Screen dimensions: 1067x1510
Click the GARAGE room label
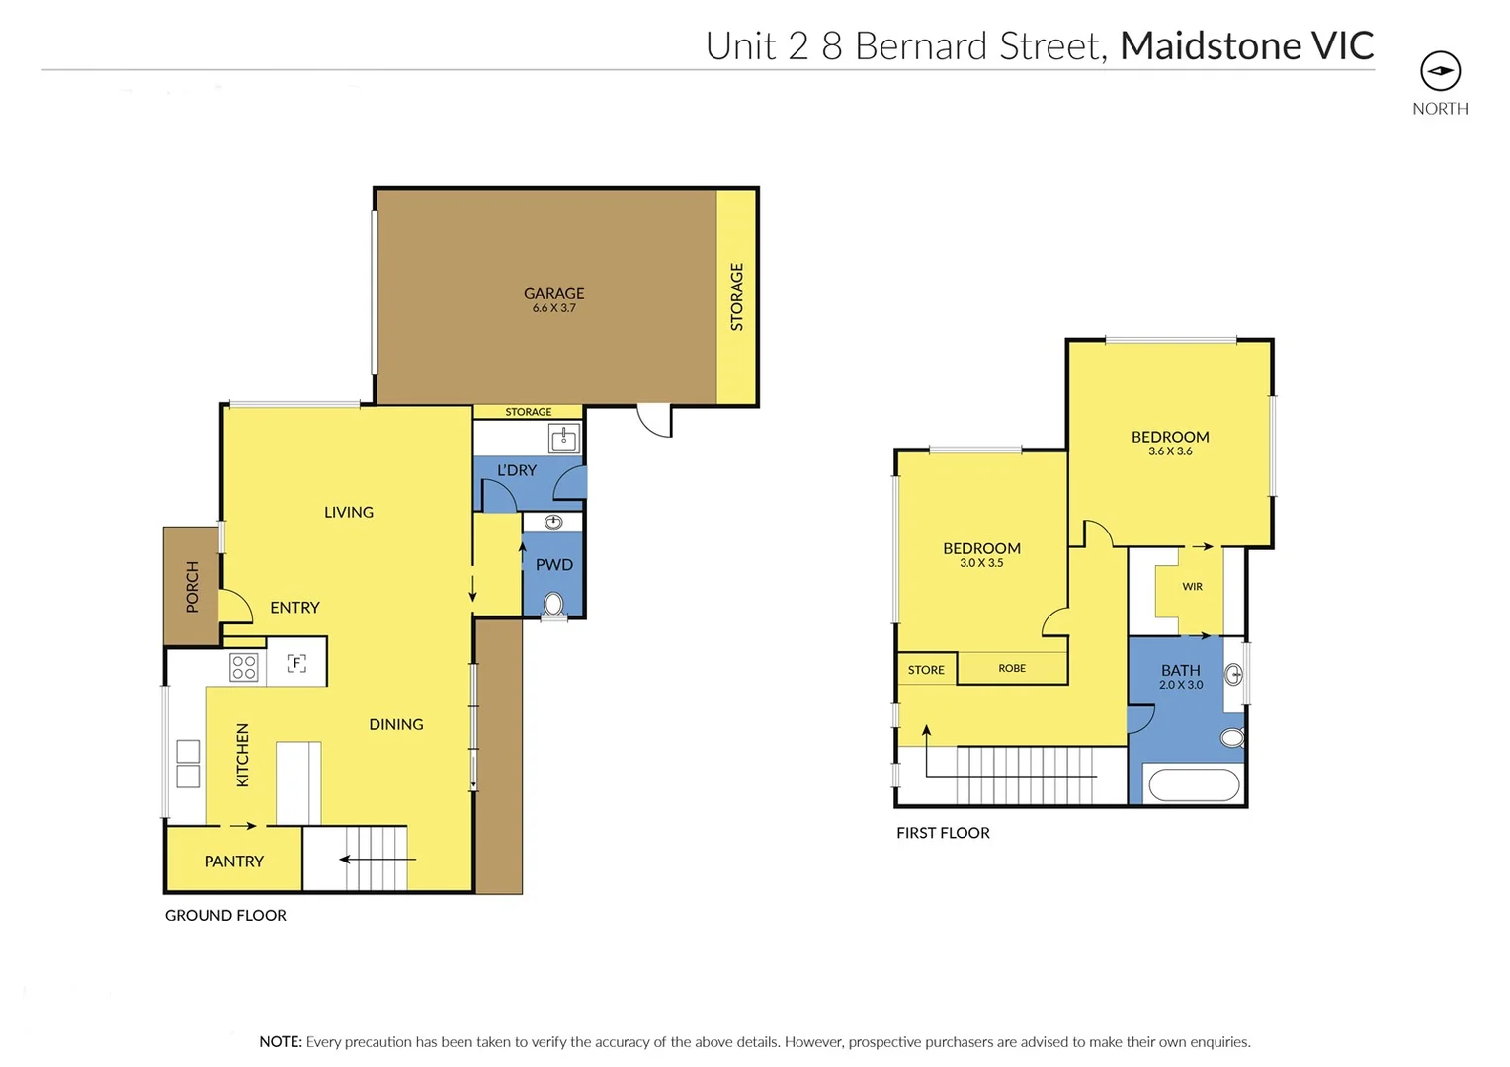553,293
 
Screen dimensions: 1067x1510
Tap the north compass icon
1440,71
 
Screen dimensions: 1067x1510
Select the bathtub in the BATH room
1194,785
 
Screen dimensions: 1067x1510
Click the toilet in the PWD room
554,604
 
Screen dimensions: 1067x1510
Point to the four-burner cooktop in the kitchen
244,667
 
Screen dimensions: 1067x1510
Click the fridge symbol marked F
296,663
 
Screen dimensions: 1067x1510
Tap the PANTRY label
233,862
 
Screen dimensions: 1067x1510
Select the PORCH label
192,586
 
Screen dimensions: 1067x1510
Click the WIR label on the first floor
1192,587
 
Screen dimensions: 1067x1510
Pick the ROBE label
1012,669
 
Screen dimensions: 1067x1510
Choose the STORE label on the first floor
926,670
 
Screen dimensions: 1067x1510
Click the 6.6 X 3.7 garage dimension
553,308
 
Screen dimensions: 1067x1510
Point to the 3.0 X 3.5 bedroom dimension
981,563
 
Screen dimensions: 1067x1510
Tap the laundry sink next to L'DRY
564,438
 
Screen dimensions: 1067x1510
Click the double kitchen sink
188,764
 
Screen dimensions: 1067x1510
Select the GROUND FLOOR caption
225,916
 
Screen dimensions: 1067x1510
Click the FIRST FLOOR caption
943,833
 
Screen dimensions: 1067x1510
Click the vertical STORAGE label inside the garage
736,296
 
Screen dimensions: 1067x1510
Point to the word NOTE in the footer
280,1042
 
